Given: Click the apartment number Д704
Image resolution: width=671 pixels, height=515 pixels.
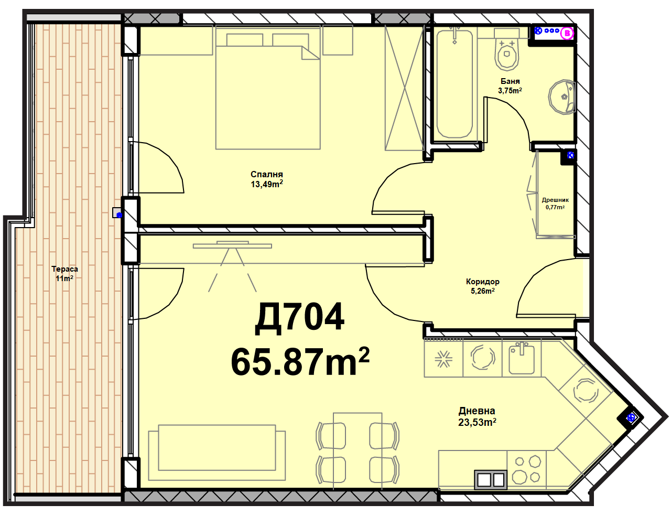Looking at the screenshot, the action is tap(299, 318).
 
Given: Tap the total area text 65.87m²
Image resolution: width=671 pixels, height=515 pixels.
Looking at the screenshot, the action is tap(300, 361).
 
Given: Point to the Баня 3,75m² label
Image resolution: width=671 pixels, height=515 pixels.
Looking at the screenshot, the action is tap(510, 86).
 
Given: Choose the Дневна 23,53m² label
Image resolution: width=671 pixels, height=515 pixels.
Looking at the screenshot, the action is tap(477, 416).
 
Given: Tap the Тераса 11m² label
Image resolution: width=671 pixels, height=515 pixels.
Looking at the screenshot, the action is tap(64, 274).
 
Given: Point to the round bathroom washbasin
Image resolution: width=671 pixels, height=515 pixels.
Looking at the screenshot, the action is tap(561, 98).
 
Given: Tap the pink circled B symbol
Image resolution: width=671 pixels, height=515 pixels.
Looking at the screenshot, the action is tap(567, 34).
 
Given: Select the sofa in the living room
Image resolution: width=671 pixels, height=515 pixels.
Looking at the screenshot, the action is tap(217, 452).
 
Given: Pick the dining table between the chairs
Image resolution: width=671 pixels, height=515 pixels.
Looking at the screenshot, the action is tap(358, 451).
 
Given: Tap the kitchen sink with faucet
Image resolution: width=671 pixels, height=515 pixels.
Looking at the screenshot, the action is tap(522, 358).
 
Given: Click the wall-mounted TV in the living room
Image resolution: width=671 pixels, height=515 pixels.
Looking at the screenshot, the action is tap(232, 245).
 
